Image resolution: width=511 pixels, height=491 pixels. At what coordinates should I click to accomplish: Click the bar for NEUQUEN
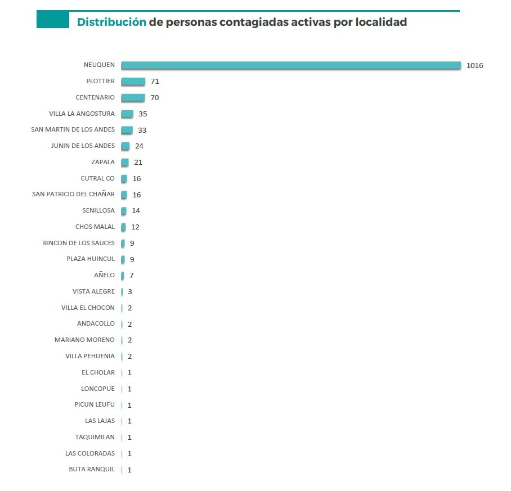[291, 65]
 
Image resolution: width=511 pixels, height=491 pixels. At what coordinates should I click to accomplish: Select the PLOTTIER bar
[133, 82]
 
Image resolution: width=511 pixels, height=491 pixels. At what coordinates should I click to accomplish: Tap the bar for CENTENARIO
[133, 98]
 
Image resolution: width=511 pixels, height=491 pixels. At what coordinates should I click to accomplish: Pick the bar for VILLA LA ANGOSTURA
[127, 114]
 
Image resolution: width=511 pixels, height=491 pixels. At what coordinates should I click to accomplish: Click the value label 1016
[474, 66]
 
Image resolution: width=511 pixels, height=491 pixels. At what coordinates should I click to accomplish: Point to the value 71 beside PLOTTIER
[155, 82]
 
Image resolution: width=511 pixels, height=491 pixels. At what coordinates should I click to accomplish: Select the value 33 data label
[142, 130]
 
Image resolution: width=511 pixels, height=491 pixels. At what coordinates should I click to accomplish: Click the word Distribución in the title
[111, 22]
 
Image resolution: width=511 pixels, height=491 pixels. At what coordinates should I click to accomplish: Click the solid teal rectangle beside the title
[52, 20]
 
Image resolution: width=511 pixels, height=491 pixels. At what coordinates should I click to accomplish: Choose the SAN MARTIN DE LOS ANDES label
[73, 130]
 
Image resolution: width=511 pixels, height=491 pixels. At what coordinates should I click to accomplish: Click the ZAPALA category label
[102, 163]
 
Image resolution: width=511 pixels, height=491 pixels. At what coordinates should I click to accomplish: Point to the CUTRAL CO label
[97, 179]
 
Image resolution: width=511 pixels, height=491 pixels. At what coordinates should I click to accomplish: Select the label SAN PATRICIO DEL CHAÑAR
[73, 195]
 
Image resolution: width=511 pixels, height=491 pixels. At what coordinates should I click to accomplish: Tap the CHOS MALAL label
[95, 227]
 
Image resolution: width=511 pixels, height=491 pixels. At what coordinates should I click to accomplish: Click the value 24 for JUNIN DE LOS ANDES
[139, 146]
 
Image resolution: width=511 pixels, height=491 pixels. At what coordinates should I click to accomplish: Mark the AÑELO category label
[104, 276]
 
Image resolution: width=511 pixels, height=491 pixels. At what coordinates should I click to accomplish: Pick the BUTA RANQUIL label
[92, 470]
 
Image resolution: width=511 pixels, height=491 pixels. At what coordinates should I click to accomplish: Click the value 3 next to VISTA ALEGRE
[129, 292]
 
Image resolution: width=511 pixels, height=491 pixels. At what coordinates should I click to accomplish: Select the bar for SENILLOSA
[124, 211]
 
